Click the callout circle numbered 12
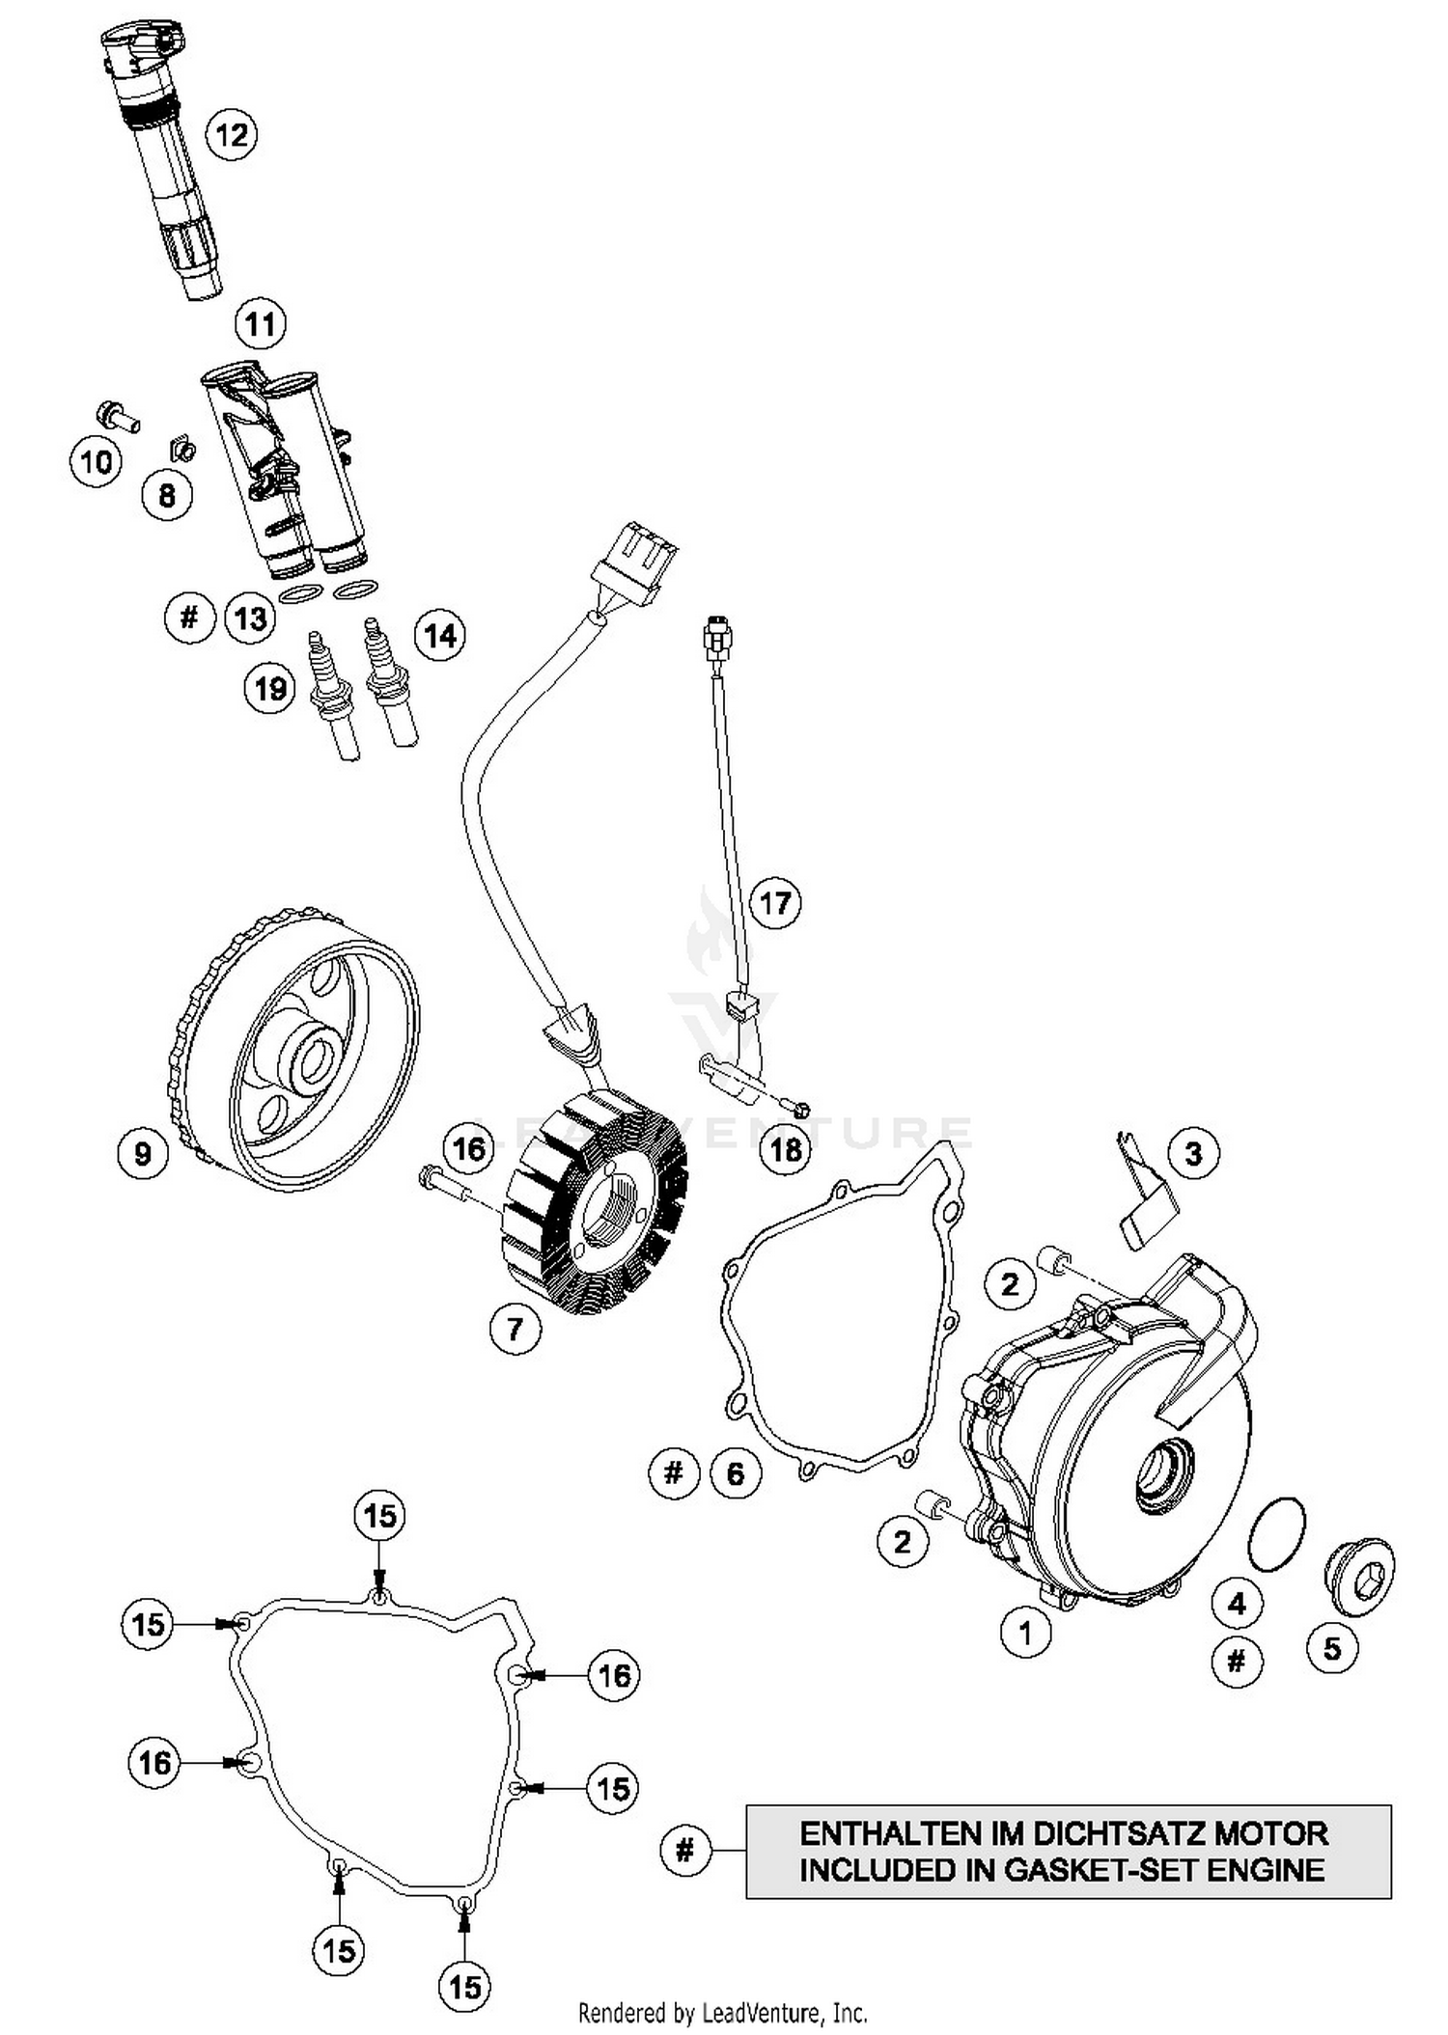(232, 134)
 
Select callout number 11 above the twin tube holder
(261, 324)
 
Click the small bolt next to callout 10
(117, 419)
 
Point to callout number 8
(167, 495)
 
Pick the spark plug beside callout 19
(331, 697)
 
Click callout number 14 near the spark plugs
(440, 636)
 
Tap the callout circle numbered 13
(251, 618)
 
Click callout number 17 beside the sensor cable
(775, 904)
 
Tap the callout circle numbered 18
(787, 1148)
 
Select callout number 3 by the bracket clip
(1193, 1153)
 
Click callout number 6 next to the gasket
(736, 1473)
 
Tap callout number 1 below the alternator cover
(1025, 1633)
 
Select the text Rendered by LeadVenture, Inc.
(722, 2013)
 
